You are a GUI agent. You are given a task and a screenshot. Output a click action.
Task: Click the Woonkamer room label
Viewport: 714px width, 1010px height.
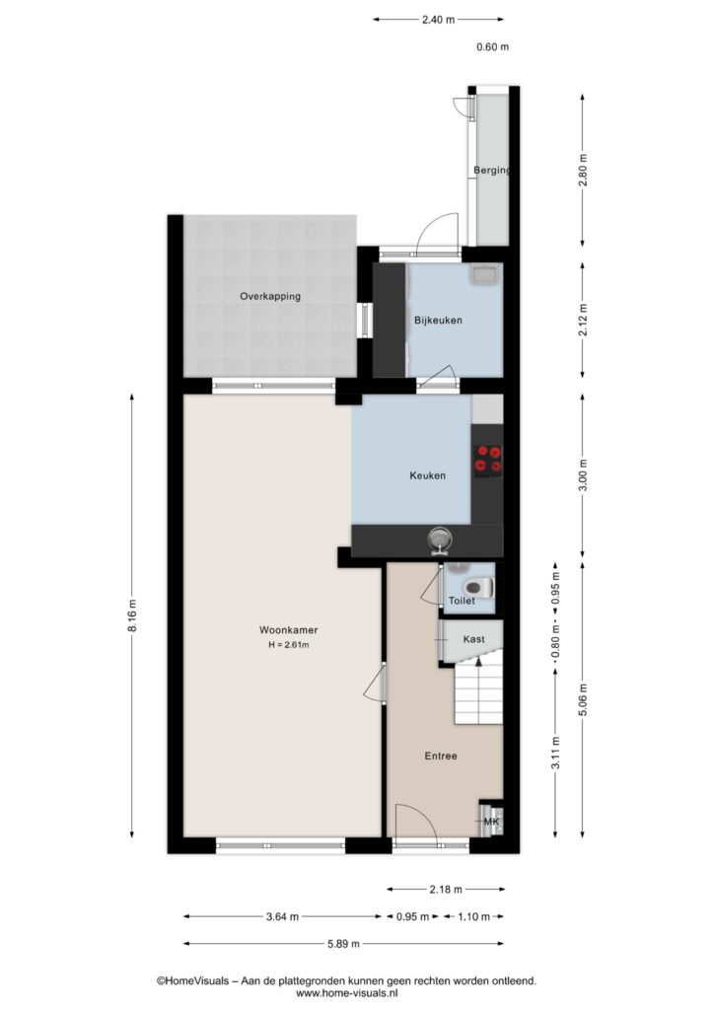coord(288,630)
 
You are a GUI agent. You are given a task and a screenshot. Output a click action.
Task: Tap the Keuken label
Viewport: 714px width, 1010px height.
coord(427,475)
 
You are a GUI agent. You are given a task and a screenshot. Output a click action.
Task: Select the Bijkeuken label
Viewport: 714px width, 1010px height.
coord(438,321)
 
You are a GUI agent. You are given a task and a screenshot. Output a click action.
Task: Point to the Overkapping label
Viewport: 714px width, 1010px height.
coord(270,296)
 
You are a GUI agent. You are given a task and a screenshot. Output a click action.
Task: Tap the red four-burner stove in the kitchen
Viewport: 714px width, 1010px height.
coord(488,460)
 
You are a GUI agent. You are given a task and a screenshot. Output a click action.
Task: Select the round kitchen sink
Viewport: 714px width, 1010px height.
coord(441,540)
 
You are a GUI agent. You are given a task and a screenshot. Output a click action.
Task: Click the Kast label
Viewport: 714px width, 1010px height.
coord(473,639)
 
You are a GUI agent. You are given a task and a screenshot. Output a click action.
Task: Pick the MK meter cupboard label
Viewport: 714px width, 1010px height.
coord(491,822)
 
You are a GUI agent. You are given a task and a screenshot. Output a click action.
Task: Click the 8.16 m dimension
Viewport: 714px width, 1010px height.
coord(132,616)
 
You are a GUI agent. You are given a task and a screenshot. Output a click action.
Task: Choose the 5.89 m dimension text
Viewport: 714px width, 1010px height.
coord(343,944)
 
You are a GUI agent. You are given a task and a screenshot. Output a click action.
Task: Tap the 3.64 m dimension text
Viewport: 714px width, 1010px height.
coord(282,916)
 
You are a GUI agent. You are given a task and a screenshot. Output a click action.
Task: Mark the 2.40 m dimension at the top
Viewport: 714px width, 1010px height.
coord(439,20)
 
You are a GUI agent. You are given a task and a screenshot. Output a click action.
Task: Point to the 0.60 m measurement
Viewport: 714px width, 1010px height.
coord(492,46)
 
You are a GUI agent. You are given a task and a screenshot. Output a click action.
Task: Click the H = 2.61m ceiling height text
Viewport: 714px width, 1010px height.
coord(288,645)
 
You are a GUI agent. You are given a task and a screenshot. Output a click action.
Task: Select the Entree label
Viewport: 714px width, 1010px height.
coord(441,756)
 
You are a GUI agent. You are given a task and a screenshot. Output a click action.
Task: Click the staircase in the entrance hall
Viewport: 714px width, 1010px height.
coord(478,694)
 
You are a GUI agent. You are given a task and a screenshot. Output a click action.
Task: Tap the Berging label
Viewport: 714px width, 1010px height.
coord(492,171)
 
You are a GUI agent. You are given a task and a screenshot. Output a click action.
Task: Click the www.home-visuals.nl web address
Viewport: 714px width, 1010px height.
coord(346,993)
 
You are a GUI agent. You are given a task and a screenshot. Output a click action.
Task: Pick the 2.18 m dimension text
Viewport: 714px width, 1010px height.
coord(446,890)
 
